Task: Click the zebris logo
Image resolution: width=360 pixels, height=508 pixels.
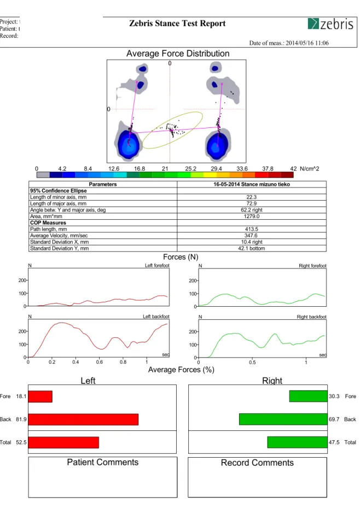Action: pos(330,24)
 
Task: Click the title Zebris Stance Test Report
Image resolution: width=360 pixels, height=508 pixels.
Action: pos(177,24)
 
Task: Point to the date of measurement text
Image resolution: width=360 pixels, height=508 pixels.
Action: pos(289,43)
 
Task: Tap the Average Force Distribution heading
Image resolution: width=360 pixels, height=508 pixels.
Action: pos(178,54)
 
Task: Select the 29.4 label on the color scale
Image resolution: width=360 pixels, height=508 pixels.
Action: pos(216,169)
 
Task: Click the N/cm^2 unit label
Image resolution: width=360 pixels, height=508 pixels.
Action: pos(310,169)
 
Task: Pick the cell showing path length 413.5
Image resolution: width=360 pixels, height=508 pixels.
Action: pos(252,229)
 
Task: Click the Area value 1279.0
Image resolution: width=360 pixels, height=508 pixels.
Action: pos(252,217)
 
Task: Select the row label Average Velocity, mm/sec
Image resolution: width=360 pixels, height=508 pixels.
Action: pos(59,236)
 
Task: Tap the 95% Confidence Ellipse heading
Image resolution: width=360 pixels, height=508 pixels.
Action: pos(59,191)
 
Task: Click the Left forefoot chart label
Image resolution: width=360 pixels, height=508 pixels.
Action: pos(157,266)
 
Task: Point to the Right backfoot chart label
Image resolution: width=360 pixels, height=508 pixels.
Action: pos(312,317)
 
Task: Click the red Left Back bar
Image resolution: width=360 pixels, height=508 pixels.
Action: pos(83,419)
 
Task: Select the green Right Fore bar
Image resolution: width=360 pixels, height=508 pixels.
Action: pos(308,396)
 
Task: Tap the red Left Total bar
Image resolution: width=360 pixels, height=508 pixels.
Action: pos(63,442)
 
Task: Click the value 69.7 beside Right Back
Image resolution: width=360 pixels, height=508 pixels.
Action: pos(334,419)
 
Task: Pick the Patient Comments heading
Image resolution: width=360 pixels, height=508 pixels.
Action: pos(103,462)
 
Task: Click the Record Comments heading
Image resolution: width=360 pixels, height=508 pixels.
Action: pos(257,463)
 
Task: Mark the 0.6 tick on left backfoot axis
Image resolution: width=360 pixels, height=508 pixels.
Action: pos(100,362)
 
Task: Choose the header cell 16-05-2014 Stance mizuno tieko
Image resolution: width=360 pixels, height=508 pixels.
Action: pos(252,184)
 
